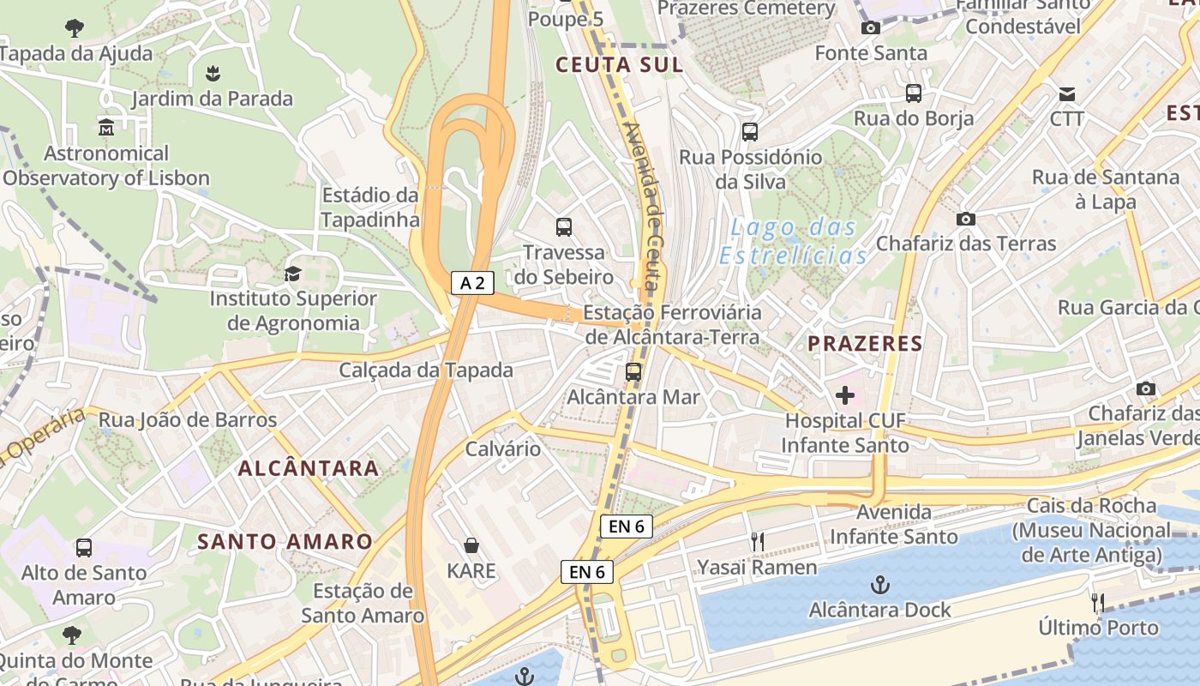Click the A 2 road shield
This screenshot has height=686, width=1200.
click(472, 283)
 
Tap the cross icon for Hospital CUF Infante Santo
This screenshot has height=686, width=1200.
click(845, 395)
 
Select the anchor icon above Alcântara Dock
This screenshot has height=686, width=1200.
click(879, 586)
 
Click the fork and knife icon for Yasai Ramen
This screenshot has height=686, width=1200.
click(757, 542)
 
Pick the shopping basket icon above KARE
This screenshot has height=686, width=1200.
click(471, 545)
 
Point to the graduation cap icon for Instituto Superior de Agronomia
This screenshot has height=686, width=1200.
click(292, 274)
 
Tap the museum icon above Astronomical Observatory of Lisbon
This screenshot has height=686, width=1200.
click(106, 128)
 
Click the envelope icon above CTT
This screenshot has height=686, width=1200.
click(1067, 93)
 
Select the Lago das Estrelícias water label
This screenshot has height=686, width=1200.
click(793, 241)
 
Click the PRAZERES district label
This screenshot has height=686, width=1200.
click(865, 345)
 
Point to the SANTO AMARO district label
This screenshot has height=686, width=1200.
click(285, 542)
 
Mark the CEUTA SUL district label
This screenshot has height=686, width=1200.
click(619, 65)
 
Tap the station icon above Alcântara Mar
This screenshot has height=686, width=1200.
click(633, 372)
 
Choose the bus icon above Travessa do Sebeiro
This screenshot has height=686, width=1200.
click(564, 227)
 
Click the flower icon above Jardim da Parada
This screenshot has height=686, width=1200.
click(213, 74)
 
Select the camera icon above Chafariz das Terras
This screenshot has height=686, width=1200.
click(966, 219)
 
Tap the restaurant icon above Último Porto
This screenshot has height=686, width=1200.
click(1097, 602)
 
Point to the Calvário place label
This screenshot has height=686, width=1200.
click(503, 448)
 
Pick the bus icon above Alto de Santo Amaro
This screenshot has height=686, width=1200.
click(84, 547)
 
